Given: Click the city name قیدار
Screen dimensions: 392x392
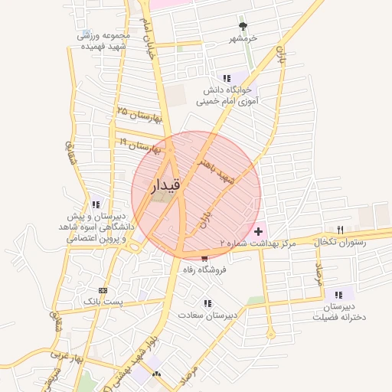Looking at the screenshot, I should tap(167, 185).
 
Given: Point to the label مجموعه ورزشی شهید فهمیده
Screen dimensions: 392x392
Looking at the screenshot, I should tap(104, 41).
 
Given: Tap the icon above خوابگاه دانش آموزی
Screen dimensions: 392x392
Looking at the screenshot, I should tap(227, 78).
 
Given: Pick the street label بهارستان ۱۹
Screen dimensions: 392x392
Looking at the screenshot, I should tap(139, 144).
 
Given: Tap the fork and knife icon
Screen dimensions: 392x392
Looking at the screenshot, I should tap(340, 229).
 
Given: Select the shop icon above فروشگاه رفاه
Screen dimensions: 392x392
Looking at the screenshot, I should tap(204, 258).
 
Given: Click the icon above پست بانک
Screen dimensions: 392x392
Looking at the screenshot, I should tap(103, 291).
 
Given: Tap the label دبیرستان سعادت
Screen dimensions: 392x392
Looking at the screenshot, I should tap(208, 315).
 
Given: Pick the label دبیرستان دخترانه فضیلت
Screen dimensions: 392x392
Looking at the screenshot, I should tap(338, 308).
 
